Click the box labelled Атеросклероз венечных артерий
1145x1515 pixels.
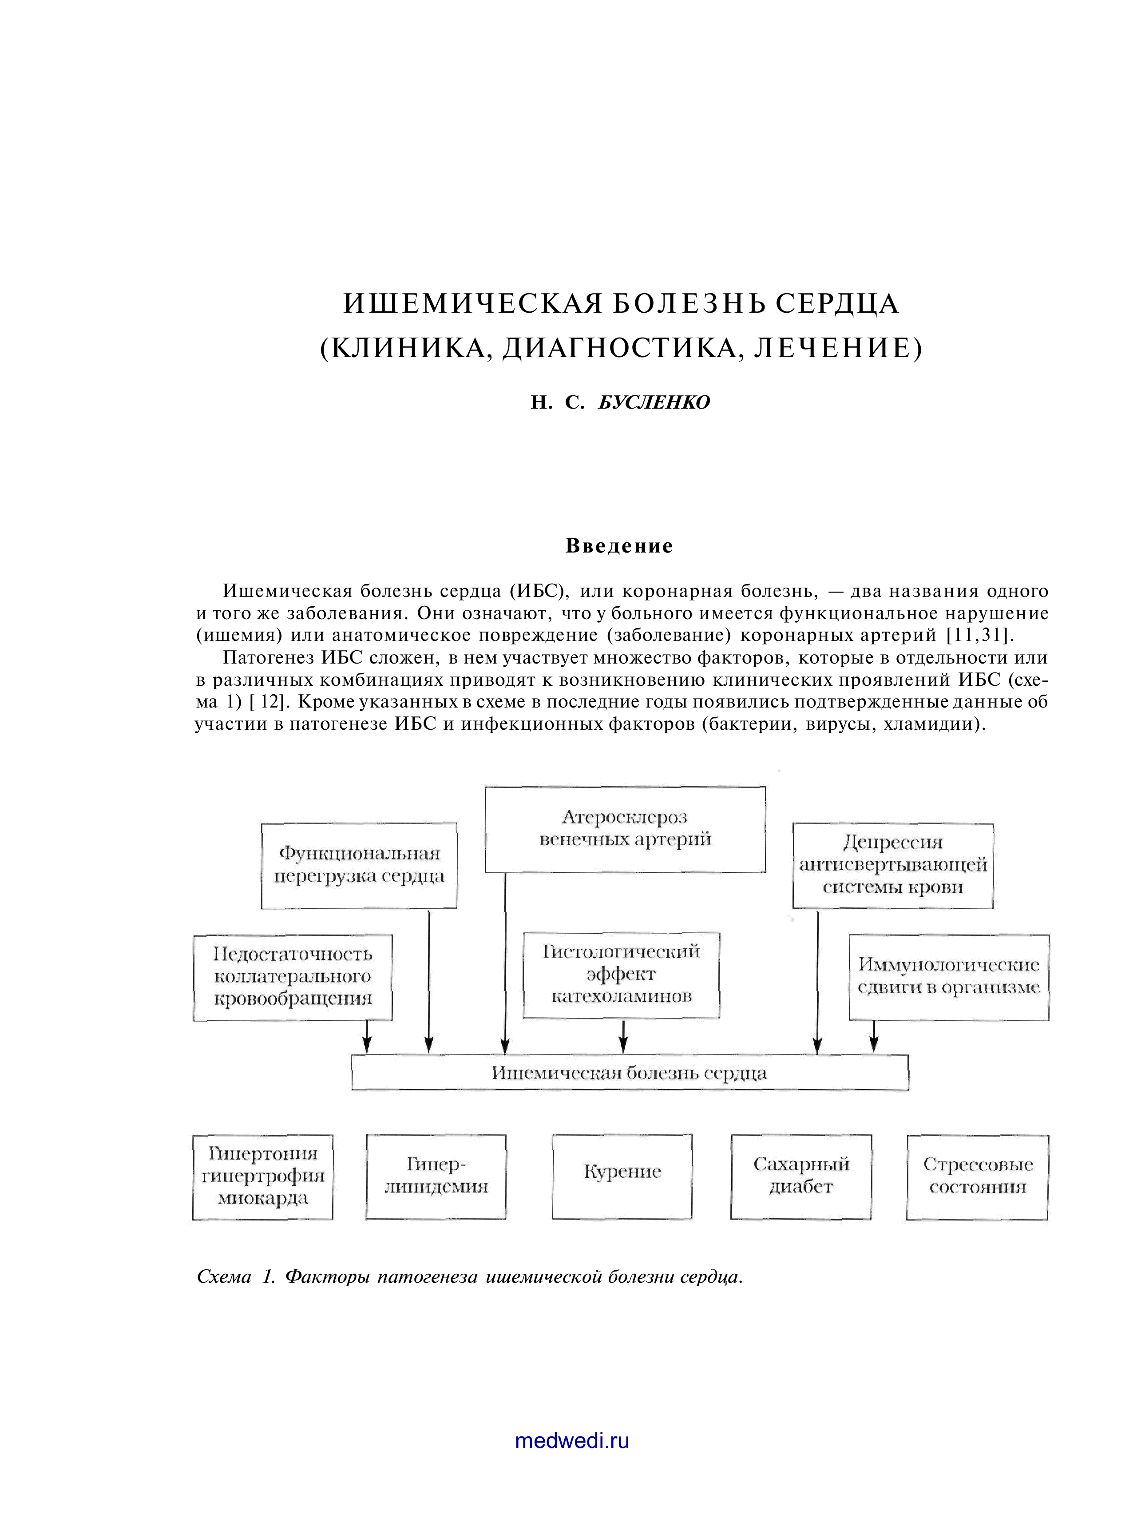pos(625,829)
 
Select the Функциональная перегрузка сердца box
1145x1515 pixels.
pos(359,866)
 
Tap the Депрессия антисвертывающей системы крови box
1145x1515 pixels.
pos(892,866)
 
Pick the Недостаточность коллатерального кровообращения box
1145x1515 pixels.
pos(293,977)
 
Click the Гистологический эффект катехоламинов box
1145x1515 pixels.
pos(621,974)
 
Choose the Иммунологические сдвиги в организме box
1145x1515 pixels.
pos(948,977)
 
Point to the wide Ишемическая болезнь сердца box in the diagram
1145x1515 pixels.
pos(630,1073)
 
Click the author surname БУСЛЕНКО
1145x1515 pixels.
pos(654,402)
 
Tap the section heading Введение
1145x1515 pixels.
pos(619,546)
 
